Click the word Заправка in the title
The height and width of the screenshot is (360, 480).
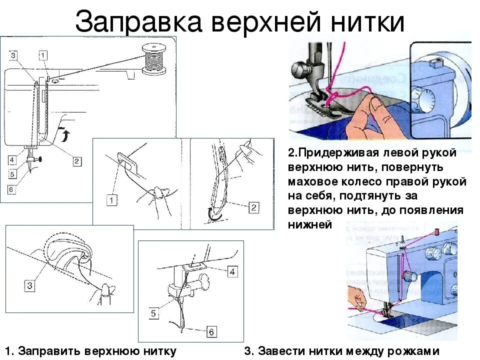(137, 22)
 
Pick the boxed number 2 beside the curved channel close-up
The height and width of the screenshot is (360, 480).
(254, 207)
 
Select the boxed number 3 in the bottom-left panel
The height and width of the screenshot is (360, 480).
(30, 286)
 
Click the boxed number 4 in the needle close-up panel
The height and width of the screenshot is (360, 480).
(232, 271)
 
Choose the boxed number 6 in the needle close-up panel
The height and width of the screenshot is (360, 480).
(211, 331)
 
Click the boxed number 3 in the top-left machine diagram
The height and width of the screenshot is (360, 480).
(13, 55)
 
